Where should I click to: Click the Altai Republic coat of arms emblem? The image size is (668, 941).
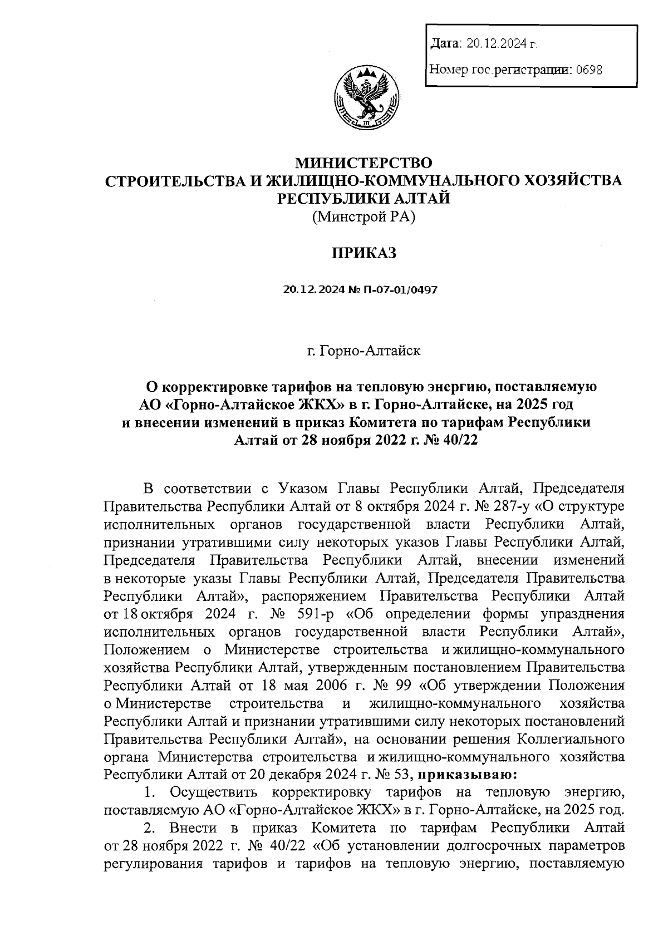[x=365, y=97]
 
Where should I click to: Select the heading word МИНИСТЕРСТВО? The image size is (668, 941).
[x=364, y=163]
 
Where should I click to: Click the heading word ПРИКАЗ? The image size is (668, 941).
[x=364, y=254]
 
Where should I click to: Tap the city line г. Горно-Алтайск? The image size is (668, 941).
[x=364, y=351]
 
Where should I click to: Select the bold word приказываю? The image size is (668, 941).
[x=467, y=774]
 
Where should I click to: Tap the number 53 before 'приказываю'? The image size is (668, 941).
[x=402, y=774]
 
